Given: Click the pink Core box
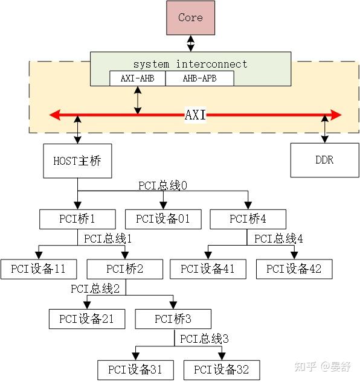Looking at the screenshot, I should [x=190, y=18].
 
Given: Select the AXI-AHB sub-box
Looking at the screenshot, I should [x=137, y=78].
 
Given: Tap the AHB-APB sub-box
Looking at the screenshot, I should [x=199, y=78].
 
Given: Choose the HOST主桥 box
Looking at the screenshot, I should [x=77, y=161].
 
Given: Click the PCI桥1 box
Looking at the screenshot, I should [x=77, y=219].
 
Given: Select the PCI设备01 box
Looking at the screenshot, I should [x=162, y=219].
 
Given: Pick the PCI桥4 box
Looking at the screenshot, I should [x=248, y=219].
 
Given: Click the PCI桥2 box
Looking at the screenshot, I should [x=124, y=269].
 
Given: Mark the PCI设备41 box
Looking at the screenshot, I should [x=208, y=269].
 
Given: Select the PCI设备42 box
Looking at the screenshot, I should [x=294, y=269].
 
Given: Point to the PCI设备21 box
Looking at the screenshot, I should [x=86, y=319].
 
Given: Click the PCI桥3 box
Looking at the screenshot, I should [x=173, y=319].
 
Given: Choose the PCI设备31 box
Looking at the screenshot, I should [x=135, y=369].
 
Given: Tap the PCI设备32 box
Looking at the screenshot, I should [x=221, y=369].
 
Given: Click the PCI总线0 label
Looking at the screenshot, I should [x=163, y=186].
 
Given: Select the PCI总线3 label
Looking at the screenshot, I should [x=204, y=339].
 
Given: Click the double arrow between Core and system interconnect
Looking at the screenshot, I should [x=190, y=43].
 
